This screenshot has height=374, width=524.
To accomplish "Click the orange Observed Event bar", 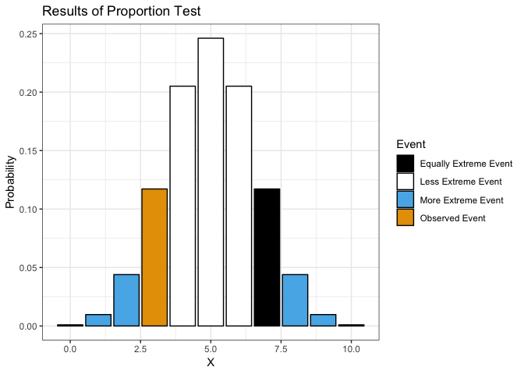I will pyautogui.click(x=154, y=257).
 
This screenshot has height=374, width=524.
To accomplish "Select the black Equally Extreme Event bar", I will pyautogui.click(x=267, y=257).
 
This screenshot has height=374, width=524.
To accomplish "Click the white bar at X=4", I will pyautogui.click(x=182, y=206).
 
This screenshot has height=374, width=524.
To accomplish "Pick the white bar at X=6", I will pyautogui.click(x=239, y=206).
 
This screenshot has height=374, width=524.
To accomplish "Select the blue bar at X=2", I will pyautogui.click(x=126, y=300).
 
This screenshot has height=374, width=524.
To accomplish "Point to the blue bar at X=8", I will pyautogui.click(x=295, y=300).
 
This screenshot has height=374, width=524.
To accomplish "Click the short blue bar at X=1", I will pyautogui.click(x=98, y=320).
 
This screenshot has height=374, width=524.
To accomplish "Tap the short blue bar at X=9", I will pyautogui.click(x=323, y=320).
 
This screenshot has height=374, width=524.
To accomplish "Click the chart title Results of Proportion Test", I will pyautogui.click(x=121, y=12).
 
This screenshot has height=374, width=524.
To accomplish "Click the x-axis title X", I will pyautogui.click(x=211, y=362).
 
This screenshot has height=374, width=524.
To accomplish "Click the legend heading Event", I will pyautogui.click(x=411, y=144).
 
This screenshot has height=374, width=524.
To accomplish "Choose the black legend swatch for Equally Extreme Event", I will pyautogui.click(x=405, y=164).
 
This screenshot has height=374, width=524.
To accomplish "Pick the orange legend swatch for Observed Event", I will pyautogui.click(x=405, y=218).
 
